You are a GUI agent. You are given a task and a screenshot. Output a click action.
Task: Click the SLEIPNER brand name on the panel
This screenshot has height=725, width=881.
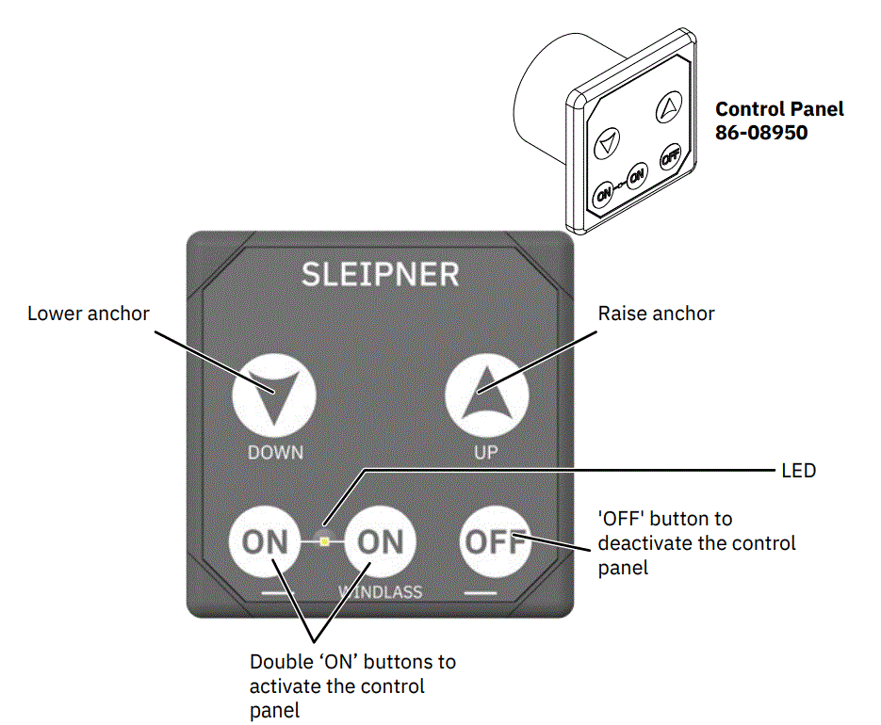coord(380,274)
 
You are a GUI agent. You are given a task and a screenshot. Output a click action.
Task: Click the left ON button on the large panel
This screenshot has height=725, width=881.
coord(266,541)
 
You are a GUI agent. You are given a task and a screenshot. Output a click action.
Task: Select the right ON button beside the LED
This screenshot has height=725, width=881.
coord(379,541)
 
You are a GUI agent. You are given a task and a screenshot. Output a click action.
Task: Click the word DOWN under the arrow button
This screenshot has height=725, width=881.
coord(275,452)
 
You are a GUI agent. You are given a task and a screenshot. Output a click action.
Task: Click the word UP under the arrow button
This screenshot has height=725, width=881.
coord(485,452)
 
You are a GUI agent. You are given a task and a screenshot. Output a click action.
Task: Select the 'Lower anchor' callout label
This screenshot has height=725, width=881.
coord(89,314)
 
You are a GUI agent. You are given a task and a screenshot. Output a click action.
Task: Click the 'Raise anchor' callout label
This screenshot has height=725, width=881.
coord(657,314)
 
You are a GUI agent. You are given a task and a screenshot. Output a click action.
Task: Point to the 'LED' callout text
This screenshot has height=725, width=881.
coord(798,470)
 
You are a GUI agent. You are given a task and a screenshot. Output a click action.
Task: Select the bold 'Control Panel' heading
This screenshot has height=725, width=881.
coord(780,109)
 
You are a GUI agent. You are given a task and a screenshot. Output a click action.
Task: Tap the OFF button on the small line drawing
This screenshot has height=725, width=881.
coord(670,156)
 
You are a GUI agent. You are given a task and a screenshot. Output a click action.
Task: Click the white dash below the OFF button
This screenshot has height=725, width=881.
coord(480,594)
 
